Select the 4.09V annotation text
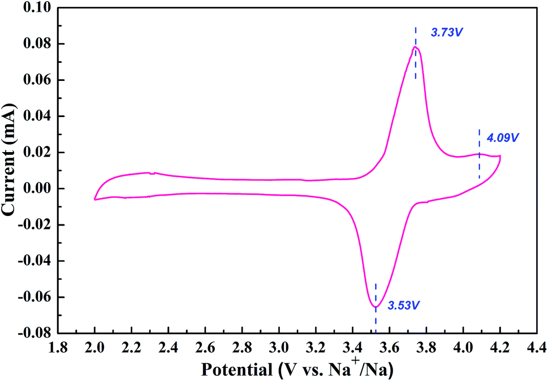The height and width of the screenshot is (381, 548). pyautogui.click(x=503, y=137)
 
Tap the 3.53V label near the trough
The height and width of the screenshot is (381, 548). pyautogui.click(x=404, y=306)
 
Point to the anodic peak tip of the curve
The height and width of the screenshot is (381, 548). pyautogui.click(x=416, y=47)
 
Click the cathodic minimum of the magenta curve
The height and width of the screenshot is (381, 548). pyautogui.click(x=375, y=307)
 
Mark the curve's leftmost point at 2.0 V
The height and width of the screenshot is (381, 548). pyautogui.click(x=94, y=199)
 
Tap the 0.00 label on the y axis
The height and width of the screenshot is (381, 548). pyautogui.click(x=37, y=189)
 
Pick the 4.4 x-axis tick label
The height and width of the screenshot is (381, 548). pyautogui.click(x=536, y=346)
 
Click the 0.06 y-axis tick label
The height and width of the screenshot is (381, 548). pyautogui.click(x=37, y=80)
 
